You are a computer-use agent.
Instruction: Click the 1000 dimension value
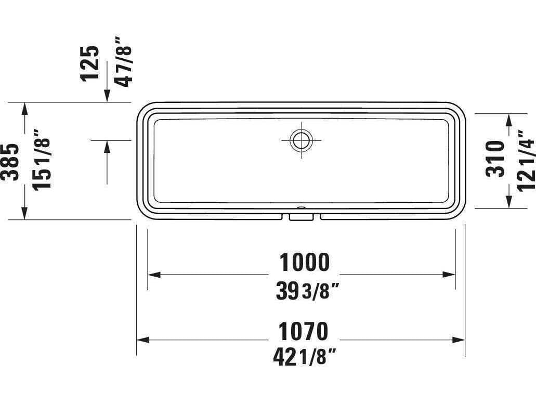coord(305,263)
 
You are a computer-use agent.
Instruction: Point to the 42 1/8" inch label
coord(304,357)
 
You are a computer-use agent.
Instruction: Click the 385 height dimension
coord(10,161)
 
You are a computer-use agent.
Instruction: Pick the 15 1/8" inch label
coord(42,161)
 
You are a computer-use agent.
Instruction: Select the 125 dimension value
coord(89,62)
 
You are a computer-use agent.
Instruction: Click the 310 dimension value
coord(495,159)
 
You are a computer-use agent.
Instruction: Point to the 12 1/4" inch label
coord(525,159)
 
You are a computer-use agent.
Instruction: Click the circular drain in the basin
coord(300,140)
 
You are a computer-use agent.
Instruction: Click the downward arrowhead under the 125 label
coord(107,97)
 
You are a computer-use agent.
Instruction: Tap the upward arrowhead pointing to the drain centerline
coord(107,146)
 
